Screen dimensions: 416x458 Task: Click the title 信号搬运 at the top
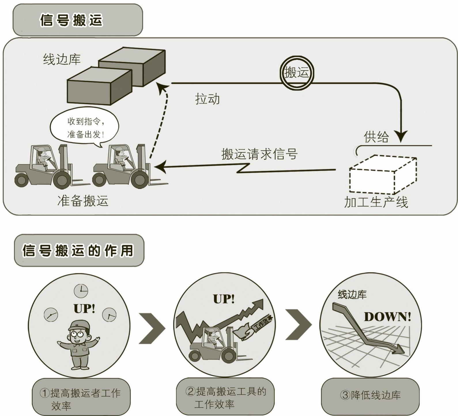tap(71, 20)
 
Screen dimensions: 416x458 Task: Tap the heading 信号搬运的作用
tap(78, 250)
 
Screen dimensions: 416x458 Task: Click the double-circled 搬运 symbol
tap(297, 72)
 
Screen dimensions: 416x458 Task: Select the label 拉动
tap(208, 99)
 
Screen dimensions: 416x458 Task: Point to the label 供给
tap(376, 137)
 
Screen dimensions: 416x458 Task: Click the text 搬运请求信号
tap(259, 154)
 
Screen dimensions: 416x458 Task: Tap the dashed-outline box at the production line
tap(383, 175)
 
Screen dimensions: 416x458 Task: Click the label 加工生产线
tap(376, 202)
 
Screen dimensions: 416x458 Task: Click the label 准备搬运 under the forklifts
tap(83, 200)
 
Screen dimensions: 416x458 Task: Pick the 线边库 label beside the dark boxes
tap(62, 59)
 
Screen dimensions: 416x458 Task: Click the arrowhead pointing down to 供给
tap(401, 136)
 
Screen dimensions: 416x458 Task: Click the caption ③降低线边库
tap(370, 395)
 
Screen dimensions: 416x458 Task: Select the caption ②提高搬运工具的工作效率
tap(225, 398)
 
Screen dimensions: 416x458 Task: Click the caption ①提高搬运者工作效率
tap(81, 399)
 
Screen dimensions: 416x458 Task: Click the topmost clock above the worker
tap(81, 291)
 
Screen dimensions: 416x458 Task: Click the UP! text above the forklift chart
tap(224, 299)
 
